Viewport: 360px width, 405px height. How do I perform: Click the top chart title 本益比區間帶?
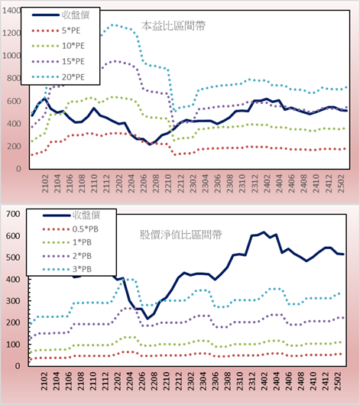174,26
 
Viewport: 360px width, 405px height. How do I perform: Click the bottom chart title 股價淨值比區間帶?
180,235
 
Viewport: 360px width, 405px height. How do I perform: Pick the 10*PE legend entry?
58,46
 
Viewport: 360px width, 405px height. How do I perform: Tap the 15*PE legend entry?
58,61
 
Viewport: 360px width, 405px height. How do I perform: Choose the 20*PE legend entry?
58,77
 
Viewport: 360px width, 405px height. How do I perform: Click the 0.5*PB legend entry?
70,229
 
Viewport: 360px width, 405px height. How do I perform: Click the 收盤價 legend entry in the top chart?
61,15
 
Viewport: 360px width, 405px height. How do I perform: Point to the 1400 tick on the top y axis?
11,11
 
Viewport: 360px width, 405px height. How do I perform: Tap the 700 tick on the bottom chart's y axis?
13,214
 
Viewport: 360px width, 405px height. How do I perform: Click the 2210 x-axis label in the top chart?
168,183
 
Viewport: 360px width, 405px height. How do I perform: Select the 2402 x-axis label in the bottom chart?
264,381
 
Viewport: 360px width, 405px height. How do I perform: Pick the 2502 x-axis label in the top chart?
342,183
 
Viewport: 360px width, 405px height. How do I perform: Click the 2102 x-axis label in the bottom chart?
44,381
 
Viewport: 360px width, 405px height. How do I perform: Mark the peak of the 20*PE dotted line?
115,25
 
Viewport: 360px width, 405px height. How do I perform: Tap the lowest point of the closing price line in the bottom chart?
148,319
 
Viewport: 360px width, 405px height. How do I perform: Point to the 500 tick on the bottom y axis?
13,258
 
